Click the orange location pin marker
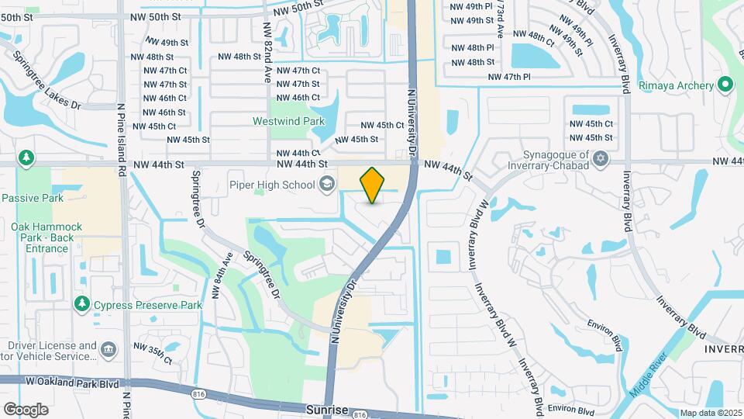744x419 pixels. click(373, 185)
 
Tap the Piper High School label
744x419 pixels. click(271, 184)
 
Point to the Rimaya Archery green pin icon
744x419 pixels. click(725, 85)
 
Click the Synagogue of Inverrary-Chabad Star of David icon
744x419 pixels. click(599, 159)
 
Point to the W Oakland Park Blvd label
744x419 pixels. click(71, 382)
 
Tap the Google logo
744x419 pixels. click(26, 409)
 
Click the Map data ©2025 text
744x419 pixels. click(710, 413)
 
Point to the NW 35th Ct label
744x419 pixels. click(153, 352)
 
